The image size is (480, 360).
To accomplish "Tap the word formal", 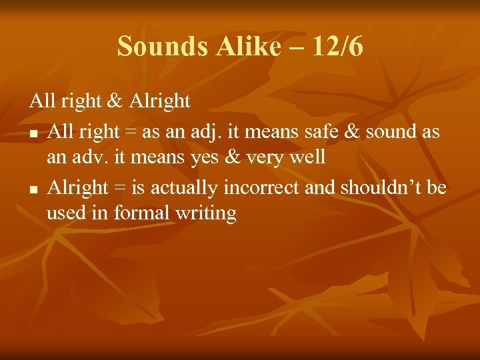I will coord(141,213).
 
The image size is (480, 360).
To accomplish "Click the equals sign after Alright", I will coord(119,189).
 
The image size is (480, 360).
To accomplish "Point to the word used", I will coord(62,213).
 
